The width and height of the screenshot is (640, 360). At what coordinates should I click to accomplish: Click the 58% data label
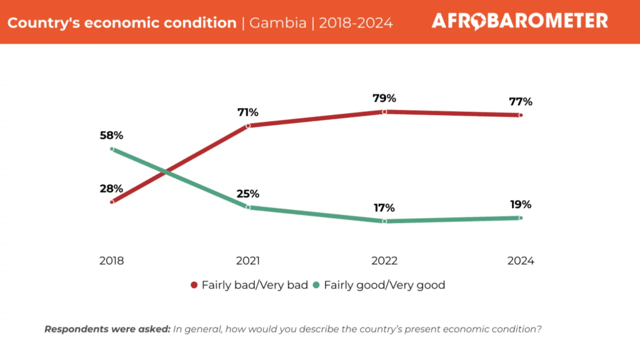pyautogui.click(x=112, y=135)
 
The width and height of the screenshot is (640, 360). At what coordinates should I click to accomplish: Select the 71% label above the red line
pyautogui.click(x=247, y=112)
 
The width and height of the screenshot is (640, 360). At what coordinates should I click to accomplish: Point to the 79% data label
pyautogui.click(x=384, y=98)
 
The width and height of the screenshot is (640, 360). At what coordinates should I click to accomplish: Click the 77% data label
pyautogui.click(x=520, y=101)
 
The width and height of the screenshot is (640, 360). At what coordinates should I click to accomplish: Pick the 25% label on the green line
pyautogui.click(x=247, y=194)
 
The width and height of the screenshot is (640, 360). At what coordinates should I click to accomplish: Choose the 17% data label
pyautogui.click(x=384, y=208)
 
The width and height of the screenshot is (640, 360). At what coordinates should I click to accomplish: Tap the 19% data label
pyautogui.click(x=520, y=204)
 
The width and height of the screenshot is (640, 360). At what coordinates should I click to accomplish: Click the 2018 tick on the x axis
pyautogui.click(x=112, y=261)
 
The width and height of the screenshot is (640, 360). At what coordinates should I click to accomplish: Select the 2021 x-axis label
pyautogui.click(x=248, y=261)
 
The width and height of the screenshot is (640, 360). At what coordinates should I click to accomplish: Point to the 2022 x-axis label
pyautogui.click(x=384, y=261)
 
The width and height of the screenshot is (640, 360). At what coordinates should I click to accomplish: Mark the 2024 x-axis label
pyautogui.click(x=521, y=261)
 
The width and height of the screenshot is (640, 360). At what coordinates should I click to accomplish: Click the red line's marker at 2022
pyautogui.click(x=384, y=112)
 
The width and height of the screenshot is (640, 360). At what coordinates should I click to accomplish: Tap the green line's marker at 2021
pyautogui.click(x=248, y=207)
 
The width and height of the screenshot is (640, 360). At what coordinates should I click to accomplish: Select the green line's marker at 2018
pyautogui.click(x=112, y=149)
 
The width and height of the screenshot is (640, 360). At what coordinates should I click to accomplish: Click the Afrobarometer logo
pyautogui.click(x=519, y=21)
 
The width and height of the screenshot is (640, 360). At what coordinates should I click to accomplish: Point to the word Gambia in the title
pyautogui.click(x=277, y=23)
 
